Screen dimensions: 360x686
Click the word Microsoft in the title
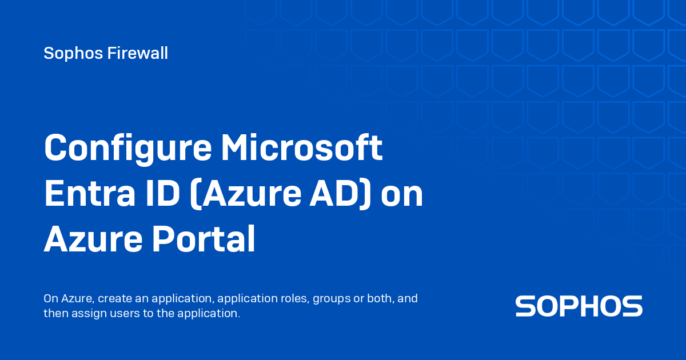tap(302, 147)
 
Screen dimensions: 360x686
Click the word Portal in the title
tap(203, 240)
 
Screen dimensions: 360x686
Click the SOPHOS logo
tap(579, 306)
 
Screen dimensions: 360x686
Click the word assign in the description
tap(83, 314)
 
